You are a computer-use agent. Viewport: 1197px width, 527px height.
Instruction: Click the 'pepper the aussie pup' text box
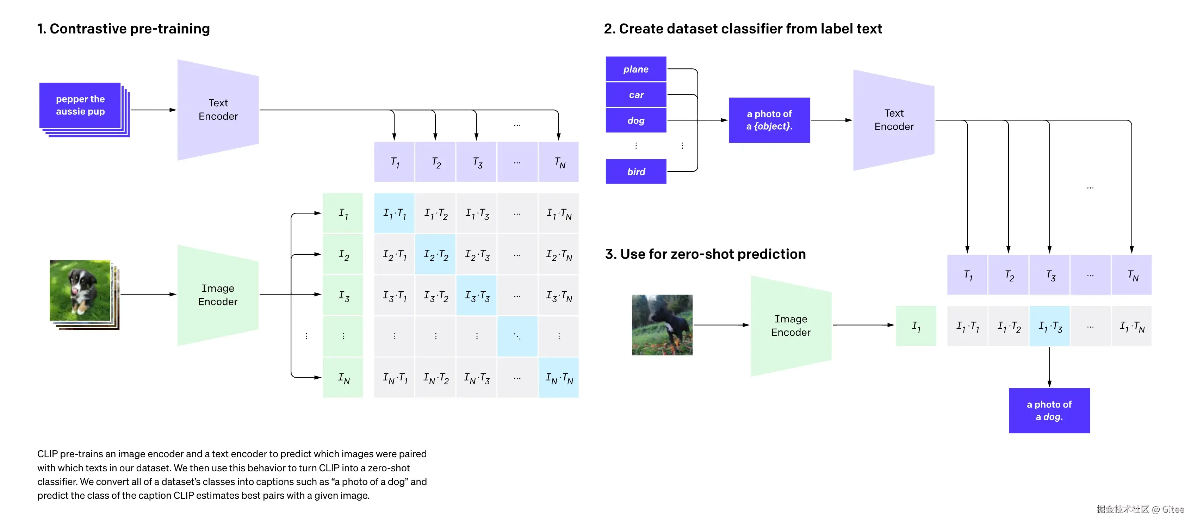[x=80, y=105]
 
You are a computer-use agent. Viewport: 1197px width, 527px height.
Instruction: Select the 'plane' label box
[x=636, y=69]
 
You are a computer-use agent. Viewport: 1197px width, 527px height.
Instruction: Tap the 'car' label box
[x=636, y=95]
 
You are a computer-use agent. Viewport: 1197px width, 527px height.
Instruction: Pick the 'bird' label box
[x=636, y=172]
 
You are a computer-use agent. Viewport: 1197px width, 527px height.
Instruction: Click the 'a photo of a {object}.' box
[x=769, y=120]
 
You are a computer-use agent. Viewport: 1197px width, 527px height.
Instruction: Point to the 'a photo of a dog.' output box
[x=1049, y=410]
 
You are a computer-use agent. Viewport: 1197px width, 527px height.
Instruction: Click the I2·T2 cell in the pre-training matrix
[x=435, y=255]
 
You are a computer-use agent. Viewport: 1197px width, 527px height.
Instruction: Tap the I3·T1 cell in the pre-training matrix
[x=395, y=296]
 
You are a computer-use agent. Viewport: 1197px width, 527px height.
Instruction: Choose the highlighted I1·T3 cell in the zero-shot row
[x=1050, y=326]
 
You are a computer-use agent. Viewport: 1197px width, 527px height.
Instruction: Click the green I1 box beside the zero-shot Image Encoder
[x=916, y=326]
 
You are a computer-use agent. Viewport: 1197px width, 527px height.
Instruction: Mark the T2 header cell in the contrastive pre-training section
[x=435, y=162]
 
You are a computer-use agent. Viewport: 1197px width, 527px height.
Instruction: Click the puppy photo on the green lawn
[x=80, y=291]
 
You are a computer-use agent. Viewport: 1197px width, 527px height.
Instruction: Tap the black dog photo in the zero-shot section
[x=662, y=325]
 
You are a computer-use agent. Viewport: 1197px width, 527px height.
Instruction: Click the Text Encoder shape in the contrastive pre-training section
[x=218, y=110]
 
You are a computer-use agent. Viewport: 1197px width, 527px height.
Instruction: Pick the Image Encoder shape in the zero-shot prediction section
[x=790, y=325]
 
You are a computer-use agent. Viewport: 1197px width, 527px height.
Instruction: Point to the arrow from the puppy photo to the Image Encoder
[x=148, y=294]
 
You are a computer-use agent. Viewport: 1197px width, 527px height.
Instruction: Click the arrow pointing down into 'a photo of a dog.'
[x=1049, y=367]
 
